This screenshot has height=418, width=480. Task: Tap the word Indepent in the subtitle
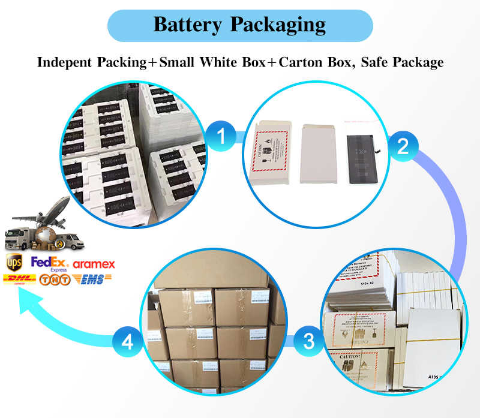65,62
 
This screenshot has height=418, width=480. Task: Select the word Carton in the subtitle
311,62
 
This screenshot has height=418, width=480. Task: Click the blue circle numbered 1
221,137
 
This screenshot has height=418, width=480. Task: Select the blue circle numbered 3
308,342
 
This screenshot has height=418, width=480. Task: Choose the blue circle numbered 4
127,342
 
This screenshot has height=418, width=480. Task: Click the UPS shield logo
13,263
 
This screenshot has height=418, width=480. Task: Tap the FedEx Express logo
49,264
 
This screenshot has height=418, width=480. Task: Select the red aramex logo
94,264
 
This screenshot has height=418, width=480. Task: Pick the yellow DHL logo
19,279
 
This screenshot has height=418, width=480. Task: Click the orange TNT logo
55,279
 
